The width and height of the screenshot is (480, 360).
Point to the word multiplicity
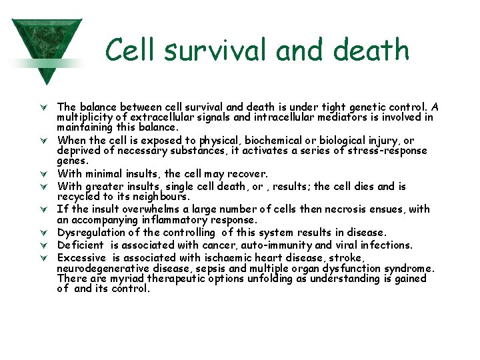point(86,117)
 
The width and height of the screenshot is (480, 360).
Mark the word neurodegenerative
point(102,268)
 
